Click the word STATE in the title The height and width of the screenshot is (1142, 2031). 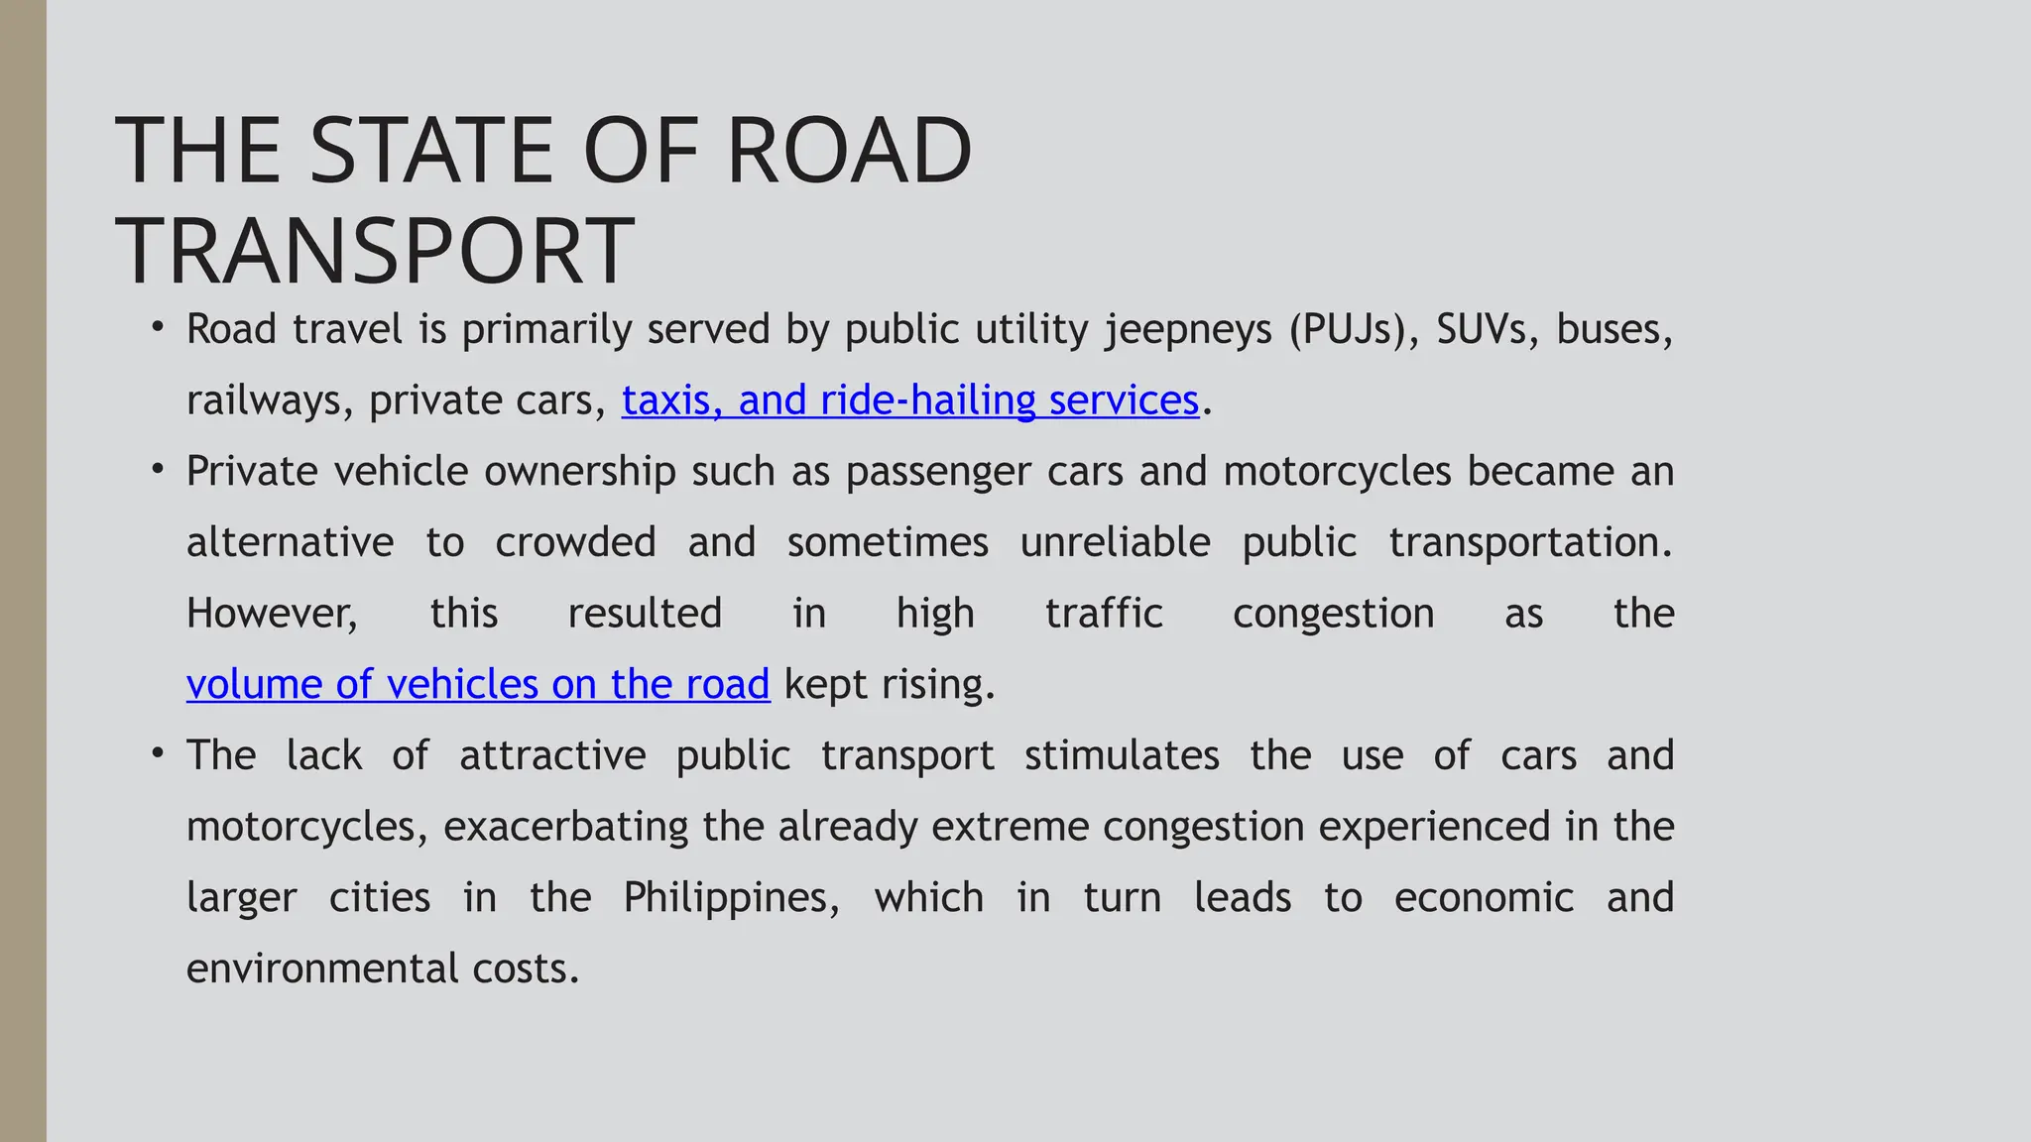432,151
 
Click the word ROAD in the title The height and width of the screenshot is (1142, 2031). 849,151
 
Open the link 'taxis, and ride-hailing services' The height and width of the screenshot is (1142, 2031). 909,400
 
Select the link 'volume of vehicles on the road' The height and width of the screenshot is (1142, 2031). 478,685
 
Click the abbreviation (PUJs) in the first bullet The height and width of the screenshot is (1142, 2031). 1355,330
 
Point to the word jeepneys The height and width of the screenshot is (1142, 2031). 1188,330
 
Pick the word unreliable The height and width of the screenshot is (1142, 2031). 1115,542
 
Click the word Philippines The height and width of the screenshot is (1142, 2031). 731,898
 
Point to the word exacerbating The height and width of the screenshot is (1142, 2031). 565,827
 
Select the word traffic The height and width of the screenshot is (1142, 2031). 1104,614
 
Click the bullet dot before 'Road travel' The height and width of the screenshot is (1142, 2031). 158,326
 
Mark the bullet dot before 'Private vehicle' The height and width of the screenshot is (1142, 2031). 158,468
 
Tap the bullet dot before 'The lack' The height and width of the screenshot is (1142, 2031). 158,752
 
